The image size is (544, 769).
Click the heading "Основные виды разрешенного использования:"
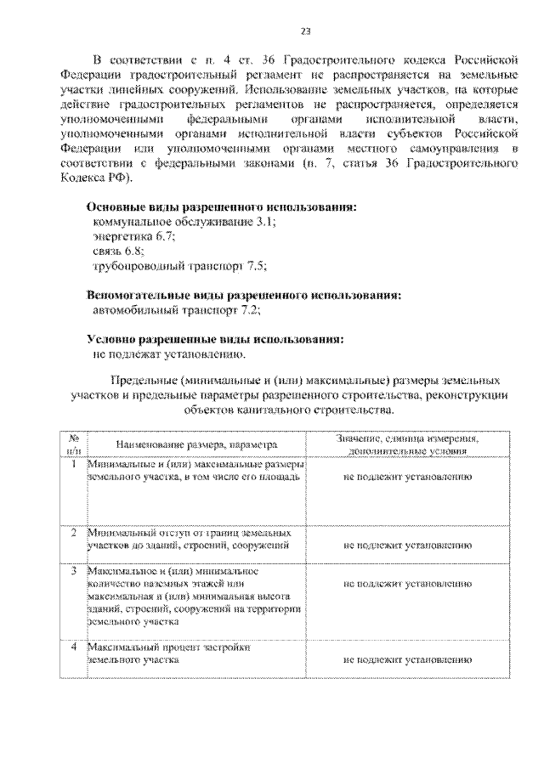222,206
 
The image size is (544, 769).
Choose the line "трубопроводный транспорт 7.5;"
179,267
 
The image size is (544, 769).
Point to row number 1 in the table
75,465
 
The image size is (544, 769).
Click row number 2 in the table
75,532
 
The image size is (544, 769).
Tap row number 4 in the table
75,647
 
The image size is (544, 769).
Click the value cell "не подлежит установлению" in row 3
408,585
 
